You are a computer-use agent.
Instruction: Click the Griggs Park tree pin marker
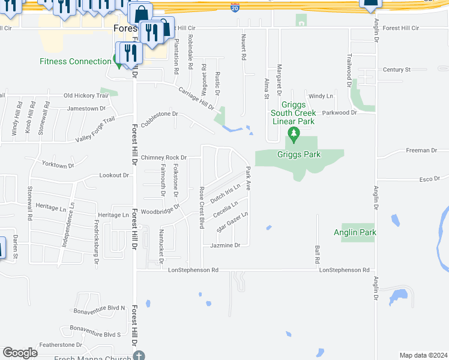pyautogui.click(x=294, y=134)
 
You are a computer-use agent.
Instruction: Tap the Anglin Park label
pyautogui.click(x=355, y=232)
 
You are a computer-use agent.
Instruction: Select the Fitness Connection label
pyautogui.click(x=76, y=61)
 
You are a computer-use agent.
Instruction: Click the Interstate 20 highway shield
pyautogui.click(x=234, y=8)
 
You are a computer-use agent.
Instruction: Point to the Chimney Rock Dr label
pyautogui.click(x=164, y=158)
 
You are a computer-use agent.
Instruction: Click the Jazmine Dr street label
pyautogui.click(x=225, y=245)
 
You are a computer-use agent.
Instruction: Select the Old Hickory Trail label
pyautogui.click(x=86, y=95)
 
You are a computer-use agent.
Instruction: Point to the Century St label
pyautogui.click(x=397, y=70)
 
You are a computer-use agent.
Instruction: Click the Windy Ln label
pyautogui.click(x=321, y=96)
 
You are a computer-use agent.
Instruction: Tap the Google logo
pyautogui.click(x=20, y=353)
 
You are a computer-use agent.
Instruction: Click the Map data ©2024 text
pyautogui.click(x=423, y=355)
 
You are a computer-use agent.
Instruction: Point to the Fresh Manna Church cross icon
pyautogui.click(x=139, y=356)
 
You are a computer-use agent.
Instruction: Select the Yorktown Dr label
pyautogui.click(x=58, y=164)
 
